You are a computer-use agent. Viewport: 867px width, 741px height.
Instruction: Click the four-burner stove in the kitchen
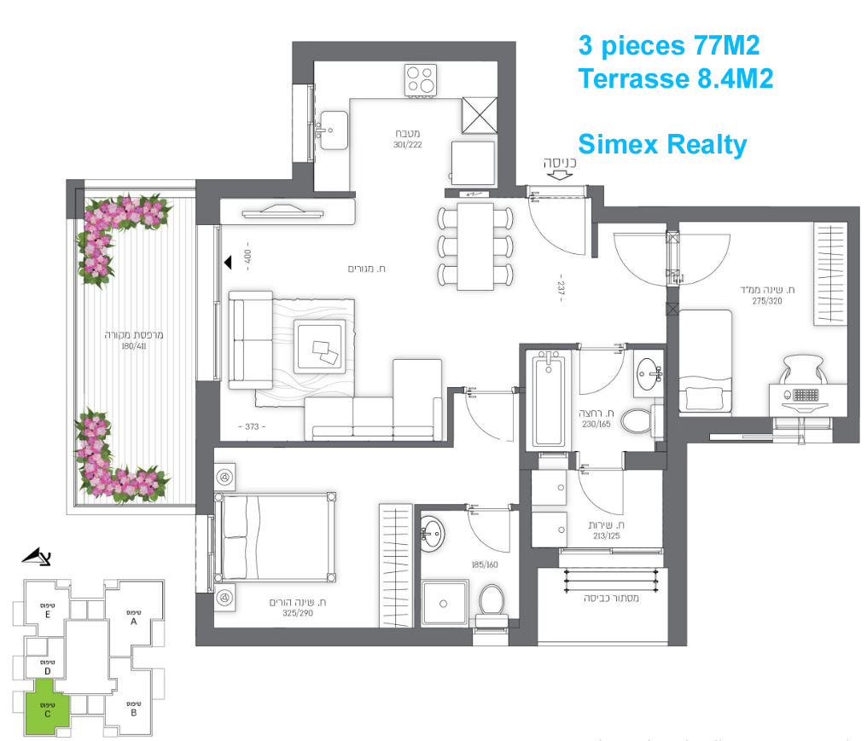tap(421, 81)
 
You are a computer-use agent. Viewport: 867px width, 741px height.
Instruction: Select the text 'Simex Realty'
tap(662, 144)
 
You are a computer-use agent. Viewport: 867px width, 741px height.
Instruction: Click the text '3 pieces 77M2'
tap(669, 44)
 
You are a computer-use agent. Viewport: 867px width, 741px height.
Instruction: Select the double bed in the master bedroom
tap(276, 535)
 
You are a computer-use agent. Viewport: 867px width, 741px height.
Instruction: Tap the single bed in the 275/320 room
tap(706, 362)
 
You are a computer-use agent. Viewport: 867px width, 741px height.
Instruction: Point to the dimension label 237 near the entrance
tap(562, 290)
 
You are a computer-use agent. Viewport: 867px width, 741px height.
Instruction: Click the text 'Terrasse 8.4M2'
tap(676, 78)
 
